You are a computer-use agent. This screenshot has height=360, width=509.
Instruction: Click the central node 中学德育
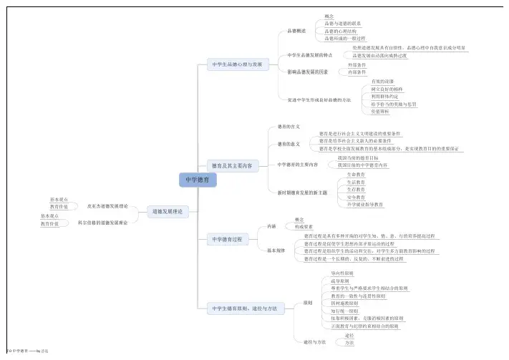pyautogui.click(x=197, y=181)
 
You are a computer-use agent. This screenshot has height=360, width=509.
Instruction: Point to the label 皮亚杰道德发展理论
pyautogui.click(x=107, y=205)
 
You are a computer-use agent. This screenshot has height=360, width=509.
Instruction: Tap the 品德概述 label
pyautogui.click(x=296, y=31)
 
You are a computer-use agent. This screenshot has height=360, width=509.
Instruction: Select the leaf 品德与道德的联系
pyautogui.click(x=342, y=23)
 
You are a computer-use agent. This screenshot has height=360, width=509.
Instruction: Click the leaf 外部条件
pyautogui.click(x=357, y=65)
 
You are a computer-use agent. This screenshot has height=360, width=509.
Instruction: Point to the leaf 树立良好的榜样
pyautogui.click(x=387, y=89)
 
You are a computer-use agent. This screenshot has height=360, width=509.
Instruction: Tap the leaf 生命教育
pyautogui.click(x=356, y=175)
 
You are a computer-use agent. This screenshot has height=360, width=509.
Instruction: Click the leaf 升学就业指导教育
pyautogui.click(x=364, y=205)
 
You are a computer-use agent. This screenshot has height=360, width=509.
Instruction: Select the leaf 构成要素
pyautogui.click(x=304, y=226)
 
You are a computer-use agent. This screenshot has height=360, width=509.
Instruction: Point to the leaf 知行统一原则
pyautogui.click(x=344, y=311)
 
